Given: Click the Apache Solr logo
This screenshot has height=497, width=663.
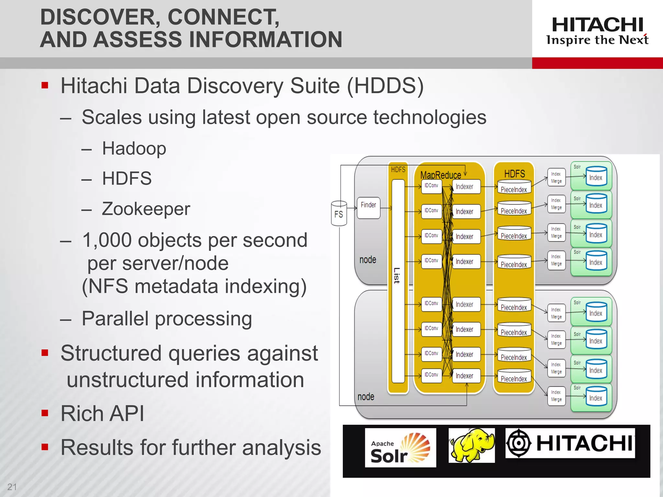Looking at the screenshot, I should pyautogui.click(x=400, y=448).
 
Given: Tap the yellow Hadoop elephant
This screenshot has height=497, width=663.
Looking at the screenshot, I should pyautogui.click(x=471, y=445).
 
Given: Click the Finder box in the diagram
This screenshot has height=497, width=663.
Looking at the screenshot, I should pyautogui.click(x=368, y=207).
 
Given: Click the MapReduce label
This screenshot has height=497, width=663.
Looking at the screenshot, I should pyautogui.click(x=440, y=175).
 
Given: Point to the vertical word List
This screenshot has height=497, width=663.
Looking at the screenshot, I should pyautogui.click(x=397, y=275).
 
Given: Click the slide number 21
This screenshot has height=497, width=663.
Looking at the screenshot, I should pyautogui.click(x=12, y=487).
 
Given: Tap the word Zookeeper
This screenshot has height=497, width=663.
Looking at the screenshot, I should pyautogui.click(x=146, y=209).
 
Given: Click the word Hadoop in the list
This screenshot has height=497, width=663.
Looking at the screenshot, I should pyautogui.click(x=134, y=149).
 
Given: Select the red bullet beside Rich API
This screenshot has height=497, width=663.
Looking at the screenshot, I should pyautogui.click(x=45, y=413).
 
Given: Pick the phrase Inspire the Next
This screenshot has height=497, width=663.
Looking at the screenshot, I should pyautogui.click(x=597, y=40).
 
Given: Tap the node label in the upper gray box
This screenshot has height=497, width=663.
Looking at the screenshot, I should pyautogui.click(x=368, y=260).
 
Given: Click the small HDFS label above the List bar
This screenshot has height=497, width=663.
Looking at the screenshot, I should pyautogui.click(x=398, y=170).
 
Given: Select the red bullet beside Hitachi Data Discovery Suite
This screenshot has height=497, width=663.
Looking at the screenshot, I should pyautogui.click(x=45, y=85).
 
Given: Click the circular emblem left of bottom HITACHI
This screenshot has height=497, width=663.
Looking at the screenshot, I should pyautogui.click(x=519, y=443).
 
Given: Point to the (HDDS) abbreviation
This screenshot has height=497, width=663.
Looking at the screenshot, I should pyautogui.click(x=385, y=86).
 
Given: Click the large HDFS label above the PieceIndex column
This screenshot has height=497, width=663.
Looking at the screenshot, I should pyautogui.click(x=514, y=174).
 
